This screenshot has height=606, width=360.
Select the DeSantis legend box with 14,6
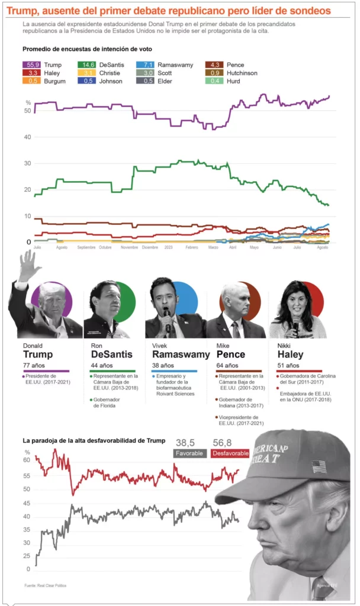(87, 65)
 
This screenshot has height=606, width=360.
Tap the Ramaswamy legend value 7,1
(145, 65)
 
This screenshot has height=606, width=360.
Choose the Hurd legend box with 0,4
(214, 81)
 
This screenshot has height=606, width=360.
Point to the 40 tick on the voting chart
(28, 137)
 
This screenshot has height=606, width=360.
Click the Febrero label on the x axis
(191, 247)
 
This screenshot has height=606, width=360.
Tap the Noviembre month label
(129, 247)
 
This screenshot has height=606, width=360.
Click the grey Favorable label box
(190, 453)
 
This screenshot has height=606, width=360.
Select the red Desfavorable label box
(230, 453)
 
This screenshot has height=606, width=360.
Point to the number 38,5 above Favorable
(185, 442)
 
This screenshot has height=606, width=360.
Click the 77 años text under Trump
(33, 366)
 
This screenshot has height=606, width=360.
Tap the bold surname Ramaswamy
(181, 354)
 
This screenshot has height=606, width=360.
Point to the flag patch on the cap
(319, 466)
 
